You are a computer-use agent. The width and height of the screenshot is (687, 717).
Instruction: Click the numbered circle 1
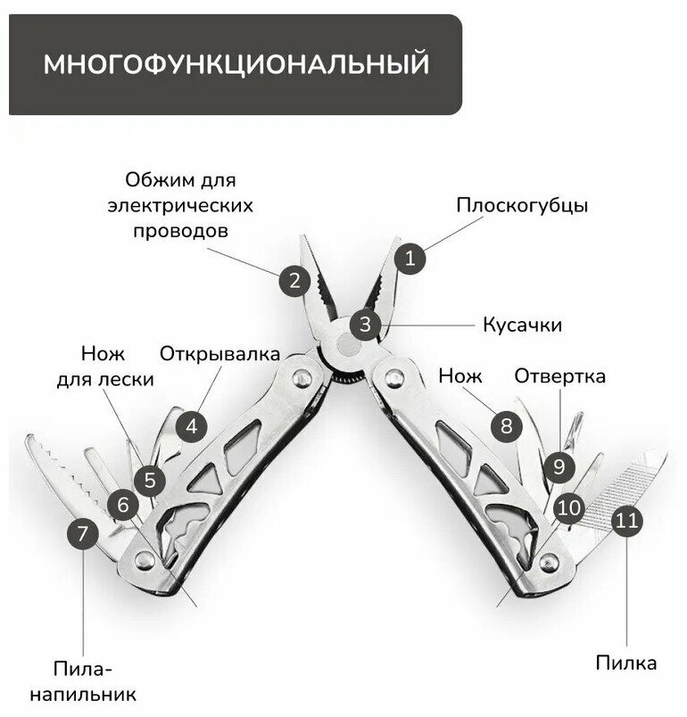pos(410,259)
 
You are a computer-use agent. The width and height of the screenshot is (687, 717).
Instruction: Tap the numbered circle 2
pos(294,282)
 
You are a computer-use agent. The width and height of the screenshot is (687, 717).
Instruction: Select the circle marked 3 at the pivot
pos(366,323)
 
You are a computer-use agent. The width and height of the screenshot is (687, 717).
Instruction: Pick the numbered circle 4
pos(191,425)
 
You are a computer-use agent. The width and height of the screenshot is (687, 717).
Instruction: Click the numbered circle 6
pos(123,506)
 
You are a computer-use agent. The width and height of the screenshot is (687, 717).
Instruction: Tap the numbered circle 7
pos(83,535)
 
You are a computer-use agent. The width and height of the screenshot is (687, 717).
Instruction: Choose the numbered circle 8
pos(506,425)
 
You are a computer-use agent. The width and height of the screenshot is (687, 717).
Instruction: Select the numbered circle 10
pos(569,508)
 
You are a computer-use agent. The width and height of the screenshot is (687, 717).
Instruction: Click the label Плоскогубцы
pos(522,205)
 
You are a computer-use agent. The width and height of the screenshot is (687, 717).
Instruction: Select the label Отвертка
pos(559,376)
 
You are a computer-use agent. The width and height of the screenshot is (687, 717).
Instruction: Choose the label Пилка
pos(626,663)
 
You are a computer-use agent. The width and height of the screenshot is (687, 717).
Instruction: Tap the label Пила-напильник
pos(86,680)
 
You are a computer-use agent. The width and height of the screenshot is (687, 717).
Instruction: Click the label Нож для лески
pos(105,365)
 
